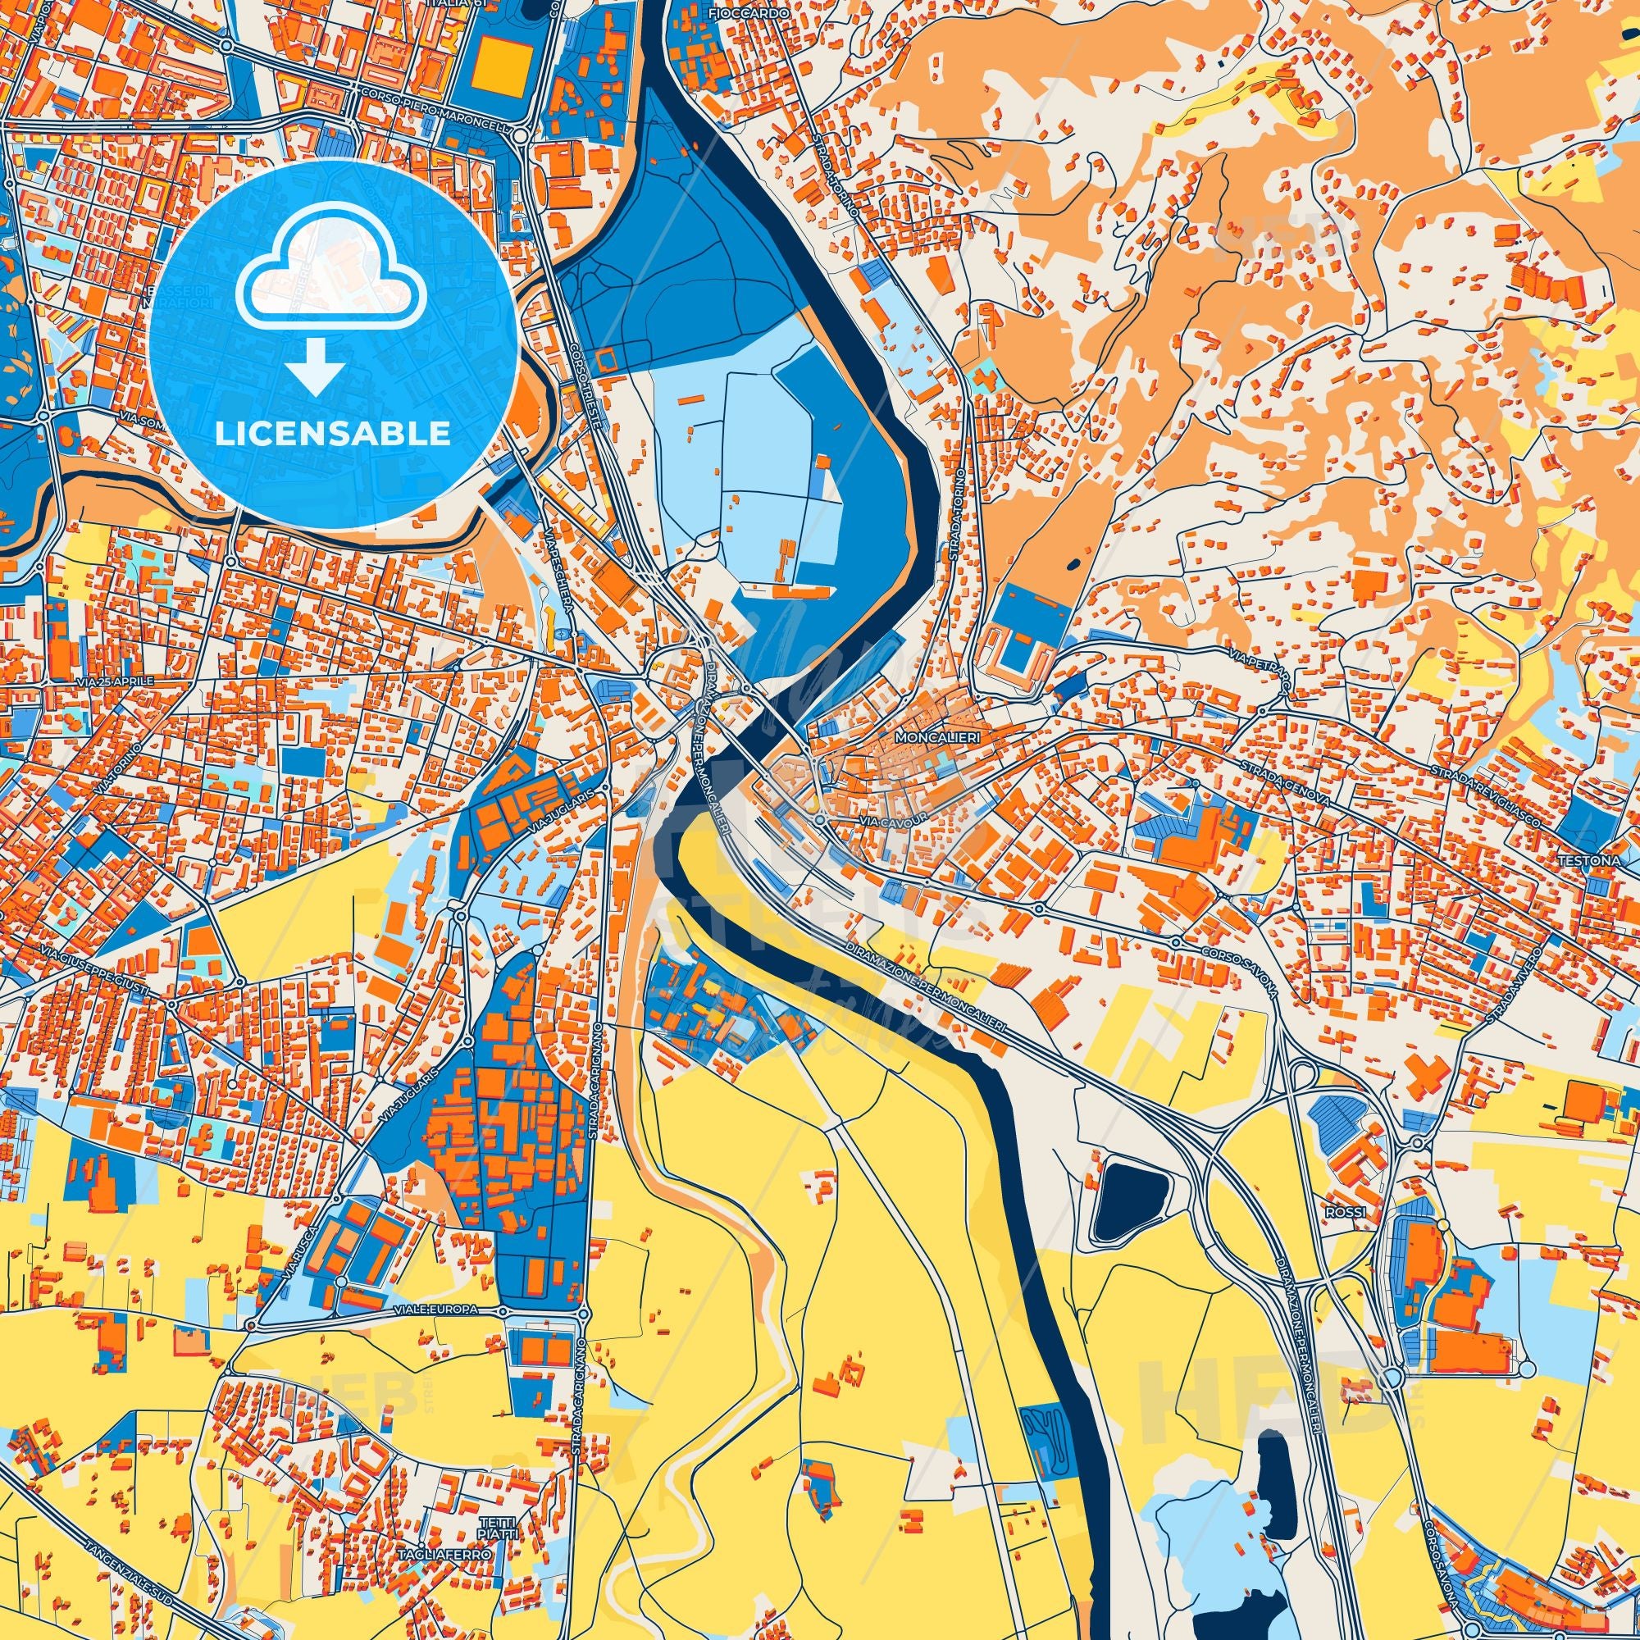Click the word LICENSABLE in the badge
333,434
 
